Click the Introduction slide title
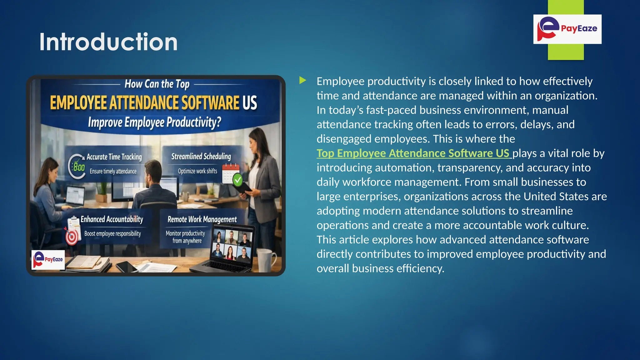pos(108,42)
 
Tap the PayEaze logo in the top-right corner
pos(567,29)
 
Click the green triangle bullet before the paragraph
pos(302,81)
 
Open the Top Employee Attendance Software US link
pos(413,153)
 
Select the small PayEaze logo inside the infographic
pos(48,259)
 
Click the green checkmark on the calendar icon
pos(238,180)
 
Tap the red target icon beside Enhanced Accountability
pos(72,237)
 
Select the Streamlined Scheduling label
pos(201,156)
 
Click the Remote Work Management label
pos(202,219)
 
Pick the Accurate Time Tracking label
pos(114,157)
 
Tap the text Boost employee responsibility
pos(112,234)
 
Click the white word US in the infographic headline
pos(250,103)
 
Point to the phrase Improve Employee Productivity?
pos(154,122)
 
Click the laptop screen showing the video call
pos(232,245)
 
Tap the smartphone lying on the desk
pos(127,267)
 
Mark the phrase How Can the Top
pos(157,84)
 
